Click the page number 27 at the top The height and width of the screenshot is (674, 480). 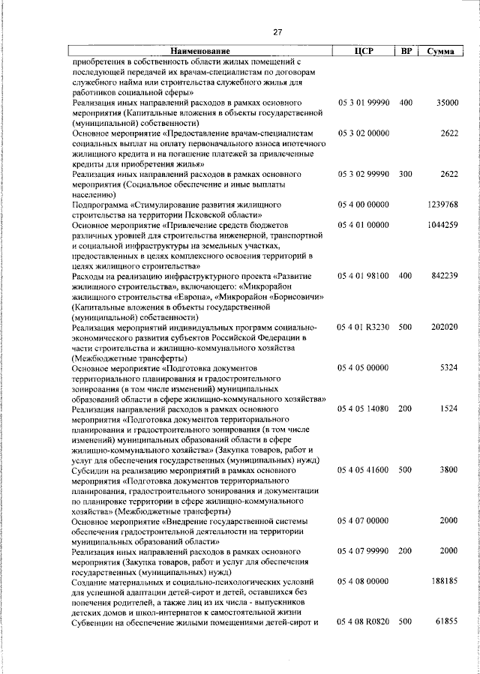click(277, 32)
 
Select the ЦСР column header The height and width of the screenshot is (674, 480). click(363, 50)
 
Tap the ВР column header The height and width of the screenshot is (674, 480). click(405, 50)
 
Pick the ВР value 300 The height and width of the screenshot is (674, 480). click(406, 173)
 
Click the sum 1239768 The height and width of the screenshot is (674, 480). click(442, 204)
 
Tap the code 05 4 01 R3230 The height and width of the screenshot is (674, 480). click(364, 328)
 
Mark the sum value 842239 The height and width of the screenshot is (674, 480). click(444, 276)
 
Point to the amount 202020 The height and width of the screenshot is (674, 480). click(444, 328)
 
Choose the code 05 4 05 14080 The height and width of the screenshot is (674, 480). click(364, 409)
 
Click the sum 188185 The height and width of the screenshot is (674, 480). click(444, 581)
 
